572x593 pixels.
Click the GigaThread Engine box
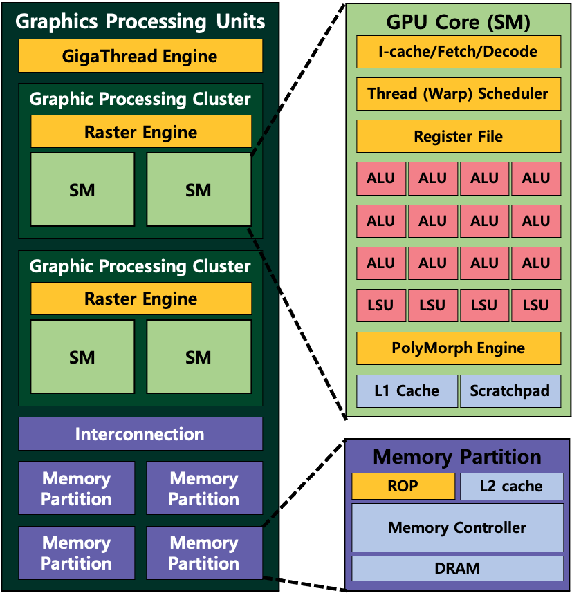140,56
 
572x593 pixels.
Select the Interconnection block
140,434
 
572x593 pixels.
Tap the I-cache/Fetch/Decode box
458,52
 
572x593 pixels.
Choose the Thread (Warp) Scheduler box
458,94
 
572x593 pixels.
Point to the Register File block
458,137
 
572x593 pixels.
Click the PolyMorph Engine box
458,348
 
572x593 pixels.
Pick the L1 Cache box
407,391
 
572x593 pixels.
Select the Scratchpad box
510,391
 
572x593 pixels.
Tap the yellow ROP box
403,486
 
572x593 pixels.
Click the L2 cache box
512,486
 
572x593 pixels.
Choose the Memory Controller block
457,528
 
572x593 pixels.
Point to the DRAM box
457,569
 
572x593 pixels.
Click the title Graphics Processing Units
140,21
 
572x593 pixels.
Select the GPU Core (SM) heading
458,22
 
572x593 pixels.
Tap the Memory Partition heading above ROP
457,457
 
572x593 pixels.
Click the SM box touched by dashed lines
199,190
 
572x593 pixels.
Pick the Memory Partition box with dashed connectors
204,553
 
